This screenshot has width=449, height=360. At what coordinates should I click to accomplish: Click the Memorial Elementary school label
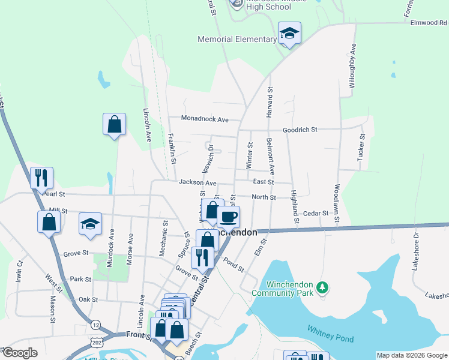click(237, 40)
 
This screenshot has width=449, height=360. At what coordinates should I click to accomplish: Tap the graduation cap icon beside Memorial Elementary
click(289, 34)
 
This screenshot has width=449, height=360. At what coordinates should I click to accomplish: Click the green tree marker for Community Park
click(323, 288)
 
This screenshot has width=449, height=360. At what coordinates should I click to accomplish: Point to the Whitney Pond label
click(330, 334)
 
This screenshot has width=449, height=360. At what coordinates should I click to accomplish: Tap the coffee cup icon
click(228, 217)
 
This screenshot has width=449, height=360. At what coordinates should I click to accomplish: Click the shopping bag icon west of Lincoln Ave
click(114, 125)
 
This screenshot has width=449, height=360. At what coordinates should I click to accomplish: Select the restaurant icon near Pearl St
click(41, 178)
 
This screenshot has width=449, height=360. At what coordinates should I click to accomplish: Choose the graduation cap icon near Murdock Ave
click(90, 224)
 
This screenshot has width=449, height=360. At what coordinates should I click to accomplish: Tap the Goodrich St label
click(300, 130)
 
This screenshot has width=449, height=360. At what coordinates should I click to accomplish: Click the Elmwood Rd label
click(427, 23)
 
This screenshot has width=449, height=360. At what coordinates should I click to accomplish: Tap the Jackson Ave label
click(197, 182)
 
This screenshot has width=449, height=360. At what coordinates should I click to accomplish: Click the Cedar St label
click(316, 213)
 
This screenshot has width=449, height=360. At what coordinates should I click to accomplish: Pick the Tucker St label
click(361, 148)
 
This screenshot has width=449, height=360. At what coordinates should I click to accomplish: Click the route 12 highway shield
click(96, 325)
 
